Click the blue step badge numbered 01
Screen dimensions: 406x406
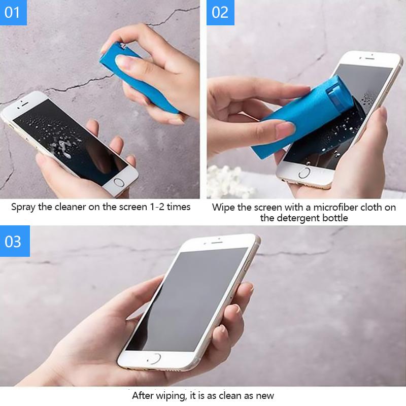[x=13, y=12]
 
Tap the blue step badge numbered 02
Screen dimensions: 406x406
[x=220, y=12]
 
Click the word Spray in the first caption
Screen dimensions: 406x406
[x=23, y=207]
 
